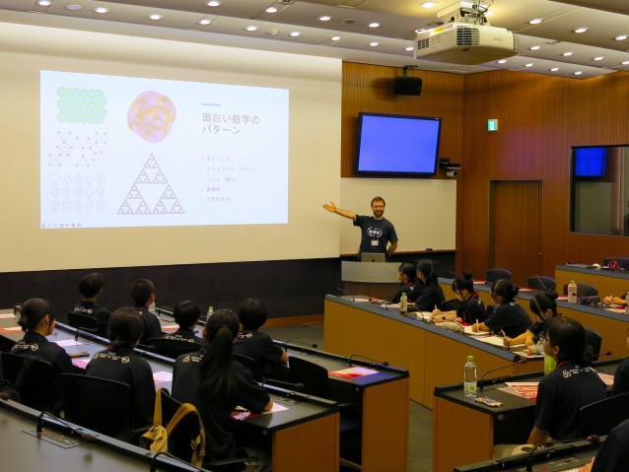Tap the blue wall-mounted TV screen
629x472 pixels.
[398, 144]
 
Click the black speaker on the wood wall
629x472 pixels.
[408, 85]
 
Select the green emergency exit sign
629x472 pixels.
[492, 125]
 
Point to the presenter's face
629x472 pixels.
[378, 207]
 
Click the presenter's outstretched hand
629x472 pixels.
[328, 206]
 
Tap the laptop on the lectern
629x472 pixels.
[373, 257]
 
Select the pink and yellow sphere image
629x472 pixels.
[152, 116]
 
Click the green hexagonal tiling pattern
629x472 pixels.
[82, 105]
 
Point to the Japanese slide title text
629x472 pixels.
[230, 124]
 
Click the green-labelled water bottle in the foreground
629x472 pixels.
[470, 376]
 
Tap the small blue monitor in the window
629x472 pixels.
[590, 162]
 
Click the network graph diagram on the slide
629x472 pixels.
[78, 149]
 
